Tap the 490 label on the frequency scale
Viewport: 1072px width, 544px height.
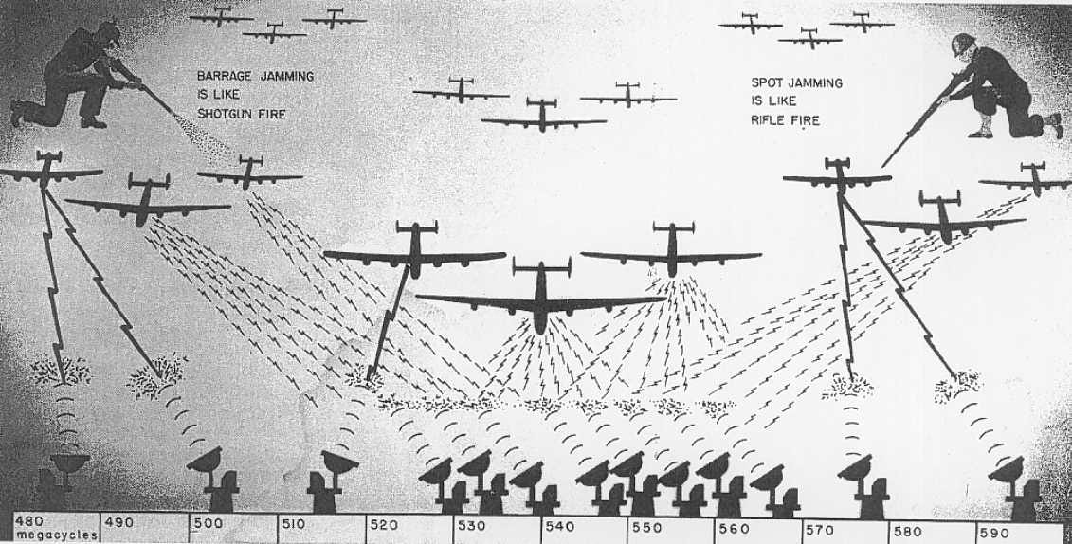118,523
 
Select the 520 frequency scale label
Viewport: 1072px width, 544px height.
384,525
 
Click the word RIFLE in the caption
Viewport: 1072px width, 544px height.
769,120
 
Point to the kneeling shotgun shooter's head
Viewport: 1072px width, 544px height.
109,33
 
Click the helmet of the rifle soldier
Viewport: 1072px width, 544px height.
963,41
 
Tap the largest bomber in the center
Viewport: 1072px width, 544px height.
541,298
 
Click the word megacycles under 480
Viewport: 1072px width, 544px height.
57,535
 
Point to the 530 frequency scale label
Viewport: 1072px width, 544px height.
472,526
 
